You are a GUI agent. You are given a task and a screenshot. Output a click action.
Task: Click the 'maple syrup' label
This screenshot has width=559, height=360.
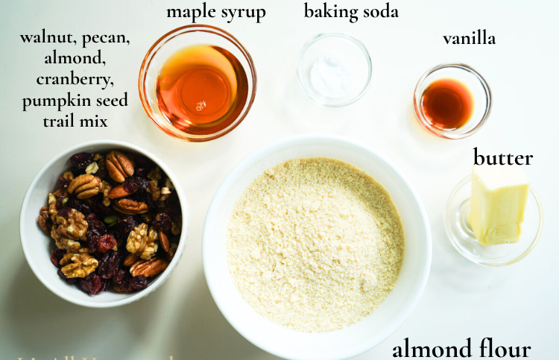click(216, 12)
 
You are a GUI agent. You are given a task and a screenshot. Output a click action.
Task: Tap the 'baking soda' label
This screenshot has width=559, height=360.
click(351, 11)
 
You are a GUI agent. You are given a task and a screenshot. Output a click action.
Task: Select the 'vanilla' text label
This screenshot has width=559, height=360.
click(469, 38)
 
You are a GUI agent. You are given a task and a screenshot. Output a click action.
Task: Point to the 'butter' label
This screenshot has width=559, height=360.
click(503, 158)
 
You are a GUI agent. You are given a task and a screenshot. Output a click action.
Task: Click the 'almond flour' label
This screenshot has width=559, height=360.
click(461, 348)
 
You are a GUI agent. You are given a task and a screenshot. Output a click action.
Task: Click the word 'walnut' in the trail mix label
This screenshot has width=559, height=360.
click(46, 38)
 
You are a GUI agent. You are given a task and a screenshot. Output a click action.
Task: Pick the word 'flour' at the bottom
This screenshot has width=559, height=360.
click(502, 348)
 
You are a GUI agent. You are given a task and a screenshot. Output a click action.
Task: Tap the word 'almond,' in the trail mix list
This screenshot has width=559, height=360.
click(75, 58)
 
